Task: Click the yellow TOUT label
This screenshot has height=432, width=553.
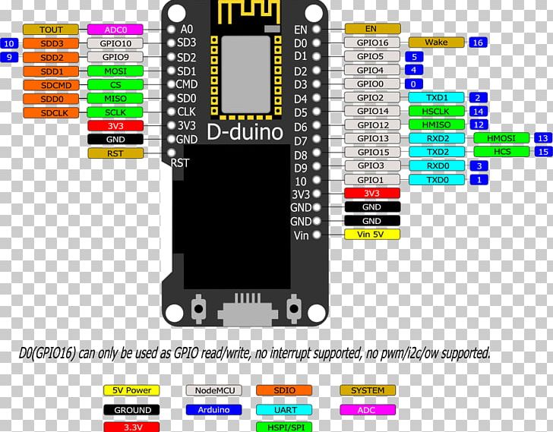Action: pos(52,30)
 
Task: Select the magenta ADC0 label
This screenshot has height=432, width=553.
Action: pos(115,30)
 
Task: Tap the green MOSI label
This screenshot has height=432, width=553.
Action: pos(115,71)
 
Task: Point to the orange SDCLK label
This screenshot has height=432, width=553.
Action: pos(52,112)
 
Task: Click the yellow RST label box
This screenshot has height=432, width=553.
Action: pos(115,153)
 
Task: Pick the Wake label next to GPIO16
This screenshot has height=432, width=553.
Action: pos(436,43)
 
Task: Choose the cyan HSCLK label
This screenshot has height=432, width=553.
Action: pos(436,111)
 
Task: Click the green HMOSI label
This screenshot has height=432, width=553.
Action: pos(501,138)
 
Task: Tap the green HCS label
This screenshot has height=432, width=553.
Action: pos(501,152)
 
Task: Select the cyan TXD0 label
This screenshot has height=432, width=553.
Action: pos(436,179)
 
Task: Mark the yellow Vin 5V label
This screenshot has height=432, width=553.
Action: pos(371,234)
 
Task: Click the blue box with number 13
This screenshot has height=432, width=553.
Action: pos(542,138)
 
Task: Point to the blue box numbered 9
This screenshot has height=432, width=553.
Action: pos(9,57)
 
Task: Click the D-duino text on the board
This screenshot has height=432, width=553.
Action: pos(245,133)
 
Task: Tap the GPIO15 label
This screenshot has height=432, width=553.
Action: pos(371,152)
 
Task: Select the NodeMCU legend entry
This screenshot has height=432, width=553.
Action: pos(213,390)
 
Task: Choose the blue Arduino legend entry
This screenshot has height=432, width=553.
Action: pos(213,410)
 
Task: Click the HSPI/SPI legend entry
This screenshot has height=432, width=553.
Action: pos(287,427)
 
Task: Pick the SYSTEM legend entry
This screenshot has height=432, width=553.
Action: pos(368,390)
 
